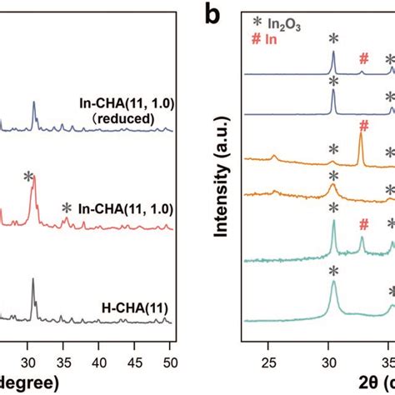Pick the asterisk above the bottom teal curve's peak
[x=333, y=271]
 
